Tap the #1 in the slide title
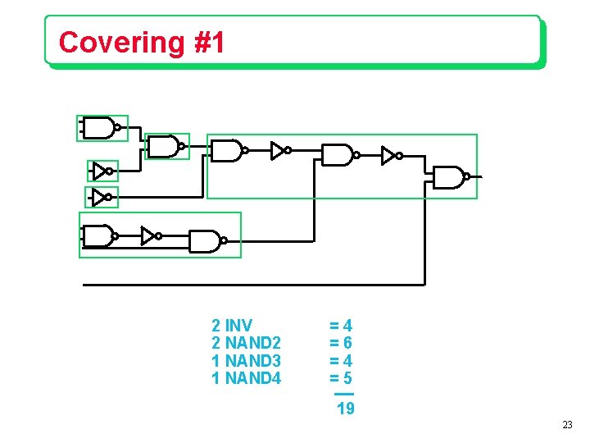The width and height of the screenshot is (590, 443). [x=211, y=42]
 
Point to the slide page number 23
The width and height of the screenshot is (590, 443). [x=567, y=425]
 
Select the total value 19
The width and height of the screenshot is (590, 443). [x=346, y=409]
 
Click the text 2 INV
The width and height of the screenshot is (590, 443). [x=232, y=325]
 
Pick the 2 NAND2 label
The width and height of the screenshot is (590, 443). [x=246, y=343]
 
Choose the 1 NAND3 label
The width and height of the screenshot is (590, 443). [x=246, y=361]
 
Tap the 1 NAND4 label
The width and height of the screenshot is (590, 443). [x=246, y=379]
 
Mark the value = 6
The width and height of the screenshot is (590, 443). [x=341, y=343]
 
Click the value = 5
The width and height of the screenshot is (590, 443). [x=341, y=379]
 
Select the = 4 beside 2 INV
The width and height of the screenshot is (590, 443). [x=341, y=325]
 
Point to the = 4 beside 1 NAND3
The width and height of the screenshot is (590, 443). [x=341, y=361]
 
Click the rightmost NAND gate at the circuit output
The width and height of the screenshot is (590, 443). [x=449, y=177]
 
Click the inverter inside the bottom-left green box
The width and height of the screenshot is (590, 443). [x=150, y=236]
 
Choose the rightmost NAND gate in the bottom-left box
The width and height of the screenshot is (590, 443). [x=206, y=241]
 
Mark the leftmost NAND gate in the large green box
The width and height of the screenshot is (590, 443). [x=227, y=151]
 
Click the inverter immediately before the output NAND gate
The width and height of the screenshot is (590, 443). [x=391, y=155]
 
